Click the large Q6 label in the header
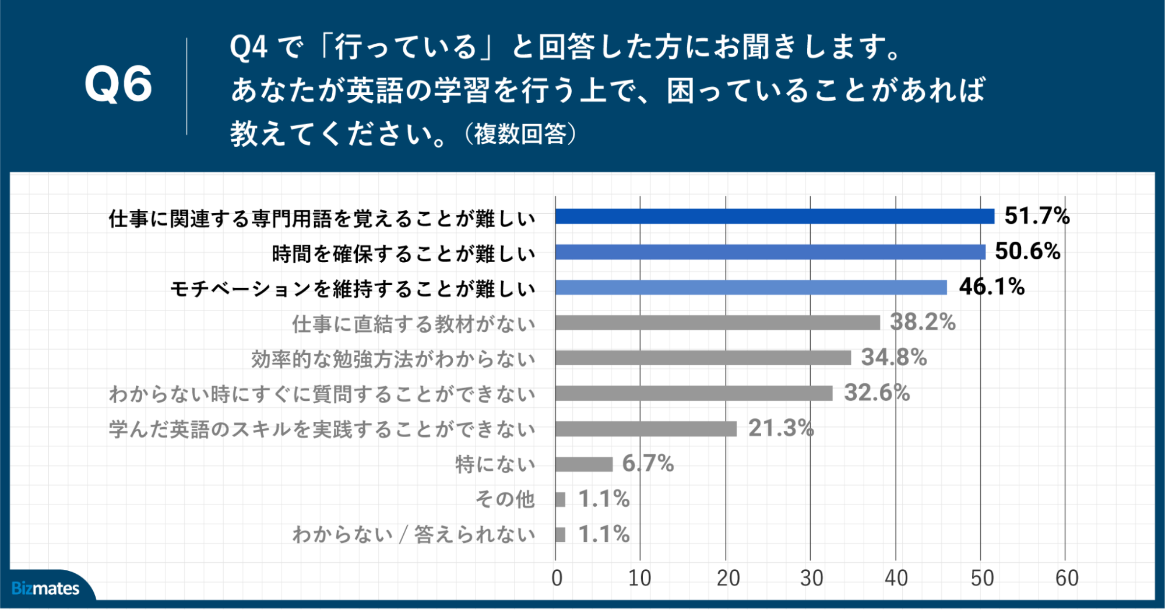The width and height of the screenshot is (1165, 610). (x=118, y=85)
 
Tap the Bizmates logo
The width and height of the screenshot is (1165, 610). (x=45, y=588)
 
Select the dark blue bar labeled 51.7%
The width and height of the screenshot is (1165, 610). (x=775, y=217)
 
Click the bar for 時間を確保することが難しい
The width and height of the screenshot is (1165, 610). (x=770, y=252)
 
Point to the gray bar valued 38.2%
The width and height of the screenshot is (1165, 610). (x=717, y=323)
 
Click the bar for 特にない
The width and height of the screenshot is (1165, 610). (x=584, y=464)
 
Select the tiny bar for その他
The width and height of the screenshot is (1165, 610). (x=561, y=500)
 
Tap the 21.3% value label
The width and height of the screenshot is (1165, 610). (x=780, y=428)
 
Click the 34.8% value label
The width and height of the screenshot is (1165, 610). (x=893, y=357)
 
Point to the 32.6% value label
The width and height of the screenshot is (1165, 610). (x=877, y=393)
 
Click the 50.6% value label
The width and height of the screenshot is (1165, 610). (x=1027, y=252)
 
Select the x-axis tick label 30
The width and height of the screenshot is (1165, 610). (x=811, y=578)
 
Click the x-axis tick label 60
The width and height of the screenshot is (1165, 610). (x=1067, y=578)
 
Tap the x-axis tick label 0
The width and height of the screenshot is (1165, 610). (x=557, y=578)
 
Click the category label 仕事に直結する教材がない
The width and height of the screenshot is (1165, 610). (x=413, y=324)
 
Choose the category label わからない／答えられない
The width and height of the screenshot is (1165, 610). (x=413, y=534)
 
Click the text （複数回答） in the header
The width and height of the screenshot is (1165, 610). (x=520, y=134)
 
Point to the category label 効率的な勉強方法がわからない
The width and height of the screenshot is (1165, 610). (x=393, y=359)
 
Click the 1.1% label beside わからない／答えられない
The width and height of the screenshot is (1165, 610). (x=603, y=534)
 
